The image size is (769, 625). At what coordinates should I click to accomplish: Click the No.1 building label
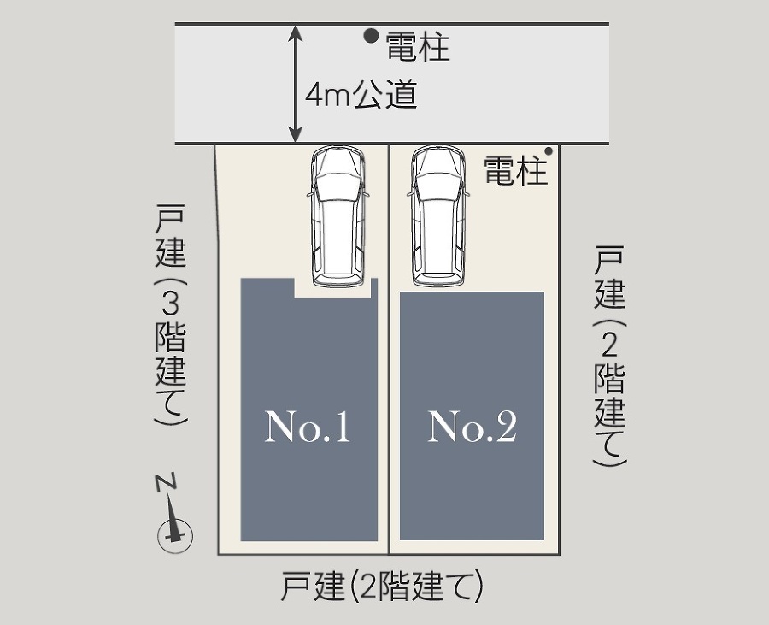click(x=308, y=427)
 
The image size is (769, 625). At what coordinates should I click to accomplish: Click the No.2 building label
click(x=473, y=427)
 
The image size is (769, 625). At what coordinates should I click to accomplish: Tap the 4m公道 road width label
click(x=361, y=95)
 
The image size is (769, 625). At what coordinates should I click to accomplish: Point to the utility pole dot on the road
click(x=372, y=35)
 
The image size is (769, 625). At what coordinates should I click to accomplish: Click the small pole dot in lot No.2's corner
click(x=549, y=151)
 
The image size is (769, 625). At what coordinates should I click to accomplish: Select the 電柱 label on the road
click(x=418, y=47)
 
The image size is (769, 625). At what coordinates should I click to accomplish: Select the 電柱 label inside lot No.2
click(x=515, y=170)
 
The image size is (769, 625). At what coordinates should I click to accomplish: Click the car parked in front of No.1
click(x=338, y=216)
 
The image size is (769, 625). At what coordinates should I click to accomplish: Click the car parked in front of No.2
click(x=438, y=216)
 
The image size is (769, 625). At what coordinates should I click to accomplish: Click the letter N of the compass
click(x=166, y=482)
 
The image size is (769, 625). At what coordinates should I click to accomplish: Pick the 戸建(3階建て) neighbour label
click(x=171, y=315)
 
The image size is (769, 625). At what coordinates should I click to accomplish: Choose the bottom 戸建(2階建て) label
click(x=383, y=586)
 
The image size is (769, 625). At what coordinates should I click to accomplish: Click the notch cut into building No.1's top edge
click(x=332, y=288)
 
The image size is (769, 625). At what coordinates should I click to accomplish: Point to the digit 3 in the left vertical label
click(x=170, y=305)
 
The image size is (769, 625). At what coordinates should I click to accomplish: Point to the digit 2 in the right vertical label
click(x=609, y=346)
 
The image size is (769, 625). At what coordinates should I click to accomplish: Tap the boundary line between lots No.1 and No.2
click(x=390, y=350)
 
